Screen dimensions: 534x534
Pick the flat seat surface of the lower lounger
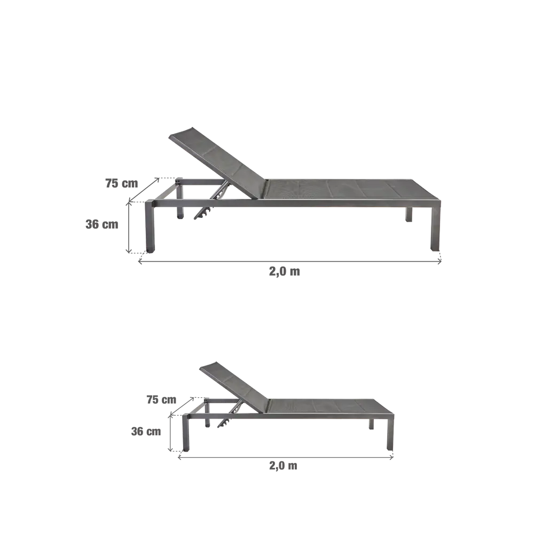click(331, 408)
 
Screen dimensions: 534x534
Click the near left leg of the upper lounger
click(149, 227)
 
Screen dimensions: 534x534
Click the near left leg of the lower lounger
click(185, 435)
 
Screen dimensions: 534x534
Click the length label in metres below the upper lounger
click(284, 271)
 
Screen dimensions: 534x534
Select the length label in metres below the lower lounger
click(283, 466)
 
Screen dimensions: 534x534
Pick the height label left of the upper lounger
click(102, 224)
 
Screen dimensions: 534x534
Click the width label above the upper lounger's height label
click(121, 184)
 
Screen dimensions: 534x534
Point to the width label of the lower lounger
click(161, 399)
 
